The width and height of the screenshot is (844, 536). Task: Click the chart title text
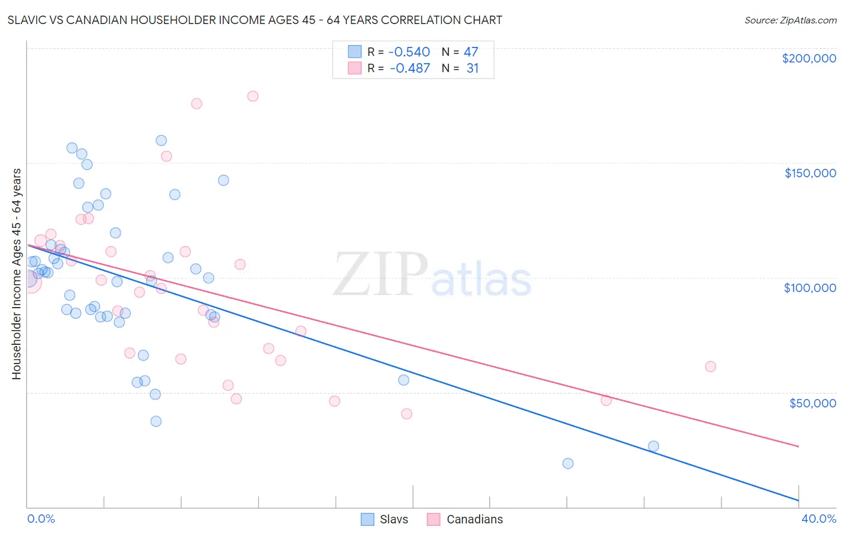coord(255,20)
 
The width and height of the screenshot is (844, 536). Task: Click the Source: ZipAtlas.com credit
coord(790,20)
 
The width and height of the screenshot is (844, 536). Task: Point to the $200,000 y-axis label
coord(809,58)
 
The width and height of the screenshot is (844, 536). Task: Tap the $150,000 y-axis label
coord(810,173)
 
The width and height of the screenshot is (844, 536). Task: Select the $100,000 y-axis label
coord(810,288)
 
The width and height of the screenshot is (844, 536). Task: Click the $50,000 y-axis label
coord(812,403)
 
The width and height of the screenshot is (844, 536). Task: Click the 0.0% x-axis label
coord(41,519)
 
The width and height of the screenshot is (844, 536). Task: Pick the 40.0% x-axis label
coord(818,519)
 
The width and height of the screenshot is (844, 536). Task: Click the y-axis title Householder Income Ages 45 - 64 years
coord(16,274)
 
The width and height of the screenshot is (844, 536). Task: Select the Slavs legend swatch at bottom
coord(367,519)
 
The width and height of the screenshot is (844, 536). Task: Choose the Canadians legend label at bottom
coord(474,519)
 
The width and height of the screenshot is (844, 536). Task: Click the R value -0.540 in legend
coord(409,52)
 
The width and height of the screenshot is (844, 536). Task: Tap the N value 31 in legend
coord(472,69)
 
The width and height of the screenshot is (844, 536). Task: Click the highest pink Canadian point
coord(253,96)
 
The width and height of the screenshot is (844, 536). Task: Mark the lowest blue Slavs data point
coord(568,463)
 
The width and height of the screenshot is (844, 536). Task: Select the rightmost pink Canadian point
coord(710,367)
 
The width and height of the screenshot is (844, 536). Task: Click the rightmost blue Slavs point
coord(653,446)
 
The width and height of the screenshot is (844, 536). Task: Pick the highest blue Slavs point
coord(161,141)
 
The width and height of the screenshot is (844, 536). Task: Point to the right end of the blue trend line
coord(798,500)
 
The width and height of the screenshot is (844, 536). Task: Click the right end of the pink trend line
coord(798,446)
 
